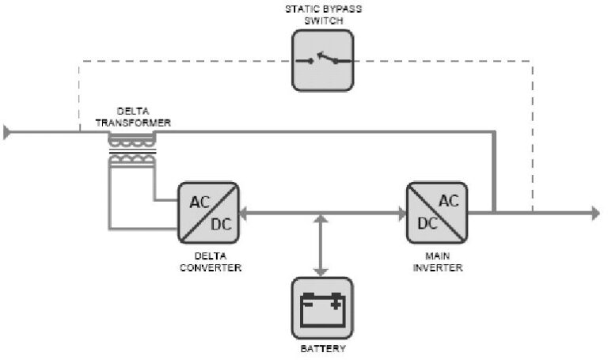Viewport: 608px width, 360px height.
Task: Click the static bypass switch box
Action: point(323,59)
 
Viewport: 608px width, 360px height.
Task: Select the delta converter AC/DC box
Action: point(209,211)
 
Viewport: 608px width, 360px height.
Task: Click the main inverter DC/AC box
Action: point(437,211)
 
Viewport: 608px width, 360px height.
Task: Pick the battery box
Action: point(322,308)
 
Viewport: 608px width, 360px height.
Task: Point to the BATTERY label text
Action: point(322,348)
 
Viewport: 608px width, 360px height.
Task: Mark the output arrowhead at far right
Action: point(595,212)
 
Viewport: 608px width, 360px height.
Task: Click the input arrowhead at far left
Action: point(7,132)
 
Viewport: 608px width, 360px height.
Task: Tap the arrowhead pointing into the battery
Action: point(321,271)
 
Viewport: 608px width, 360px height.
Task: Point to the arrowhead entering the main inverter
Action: point(401,212)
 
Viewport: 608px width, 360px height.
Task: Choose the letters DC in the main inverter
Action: point(427,223)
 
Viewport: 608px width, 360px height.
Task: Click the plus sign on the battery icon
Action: point(336,301)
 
